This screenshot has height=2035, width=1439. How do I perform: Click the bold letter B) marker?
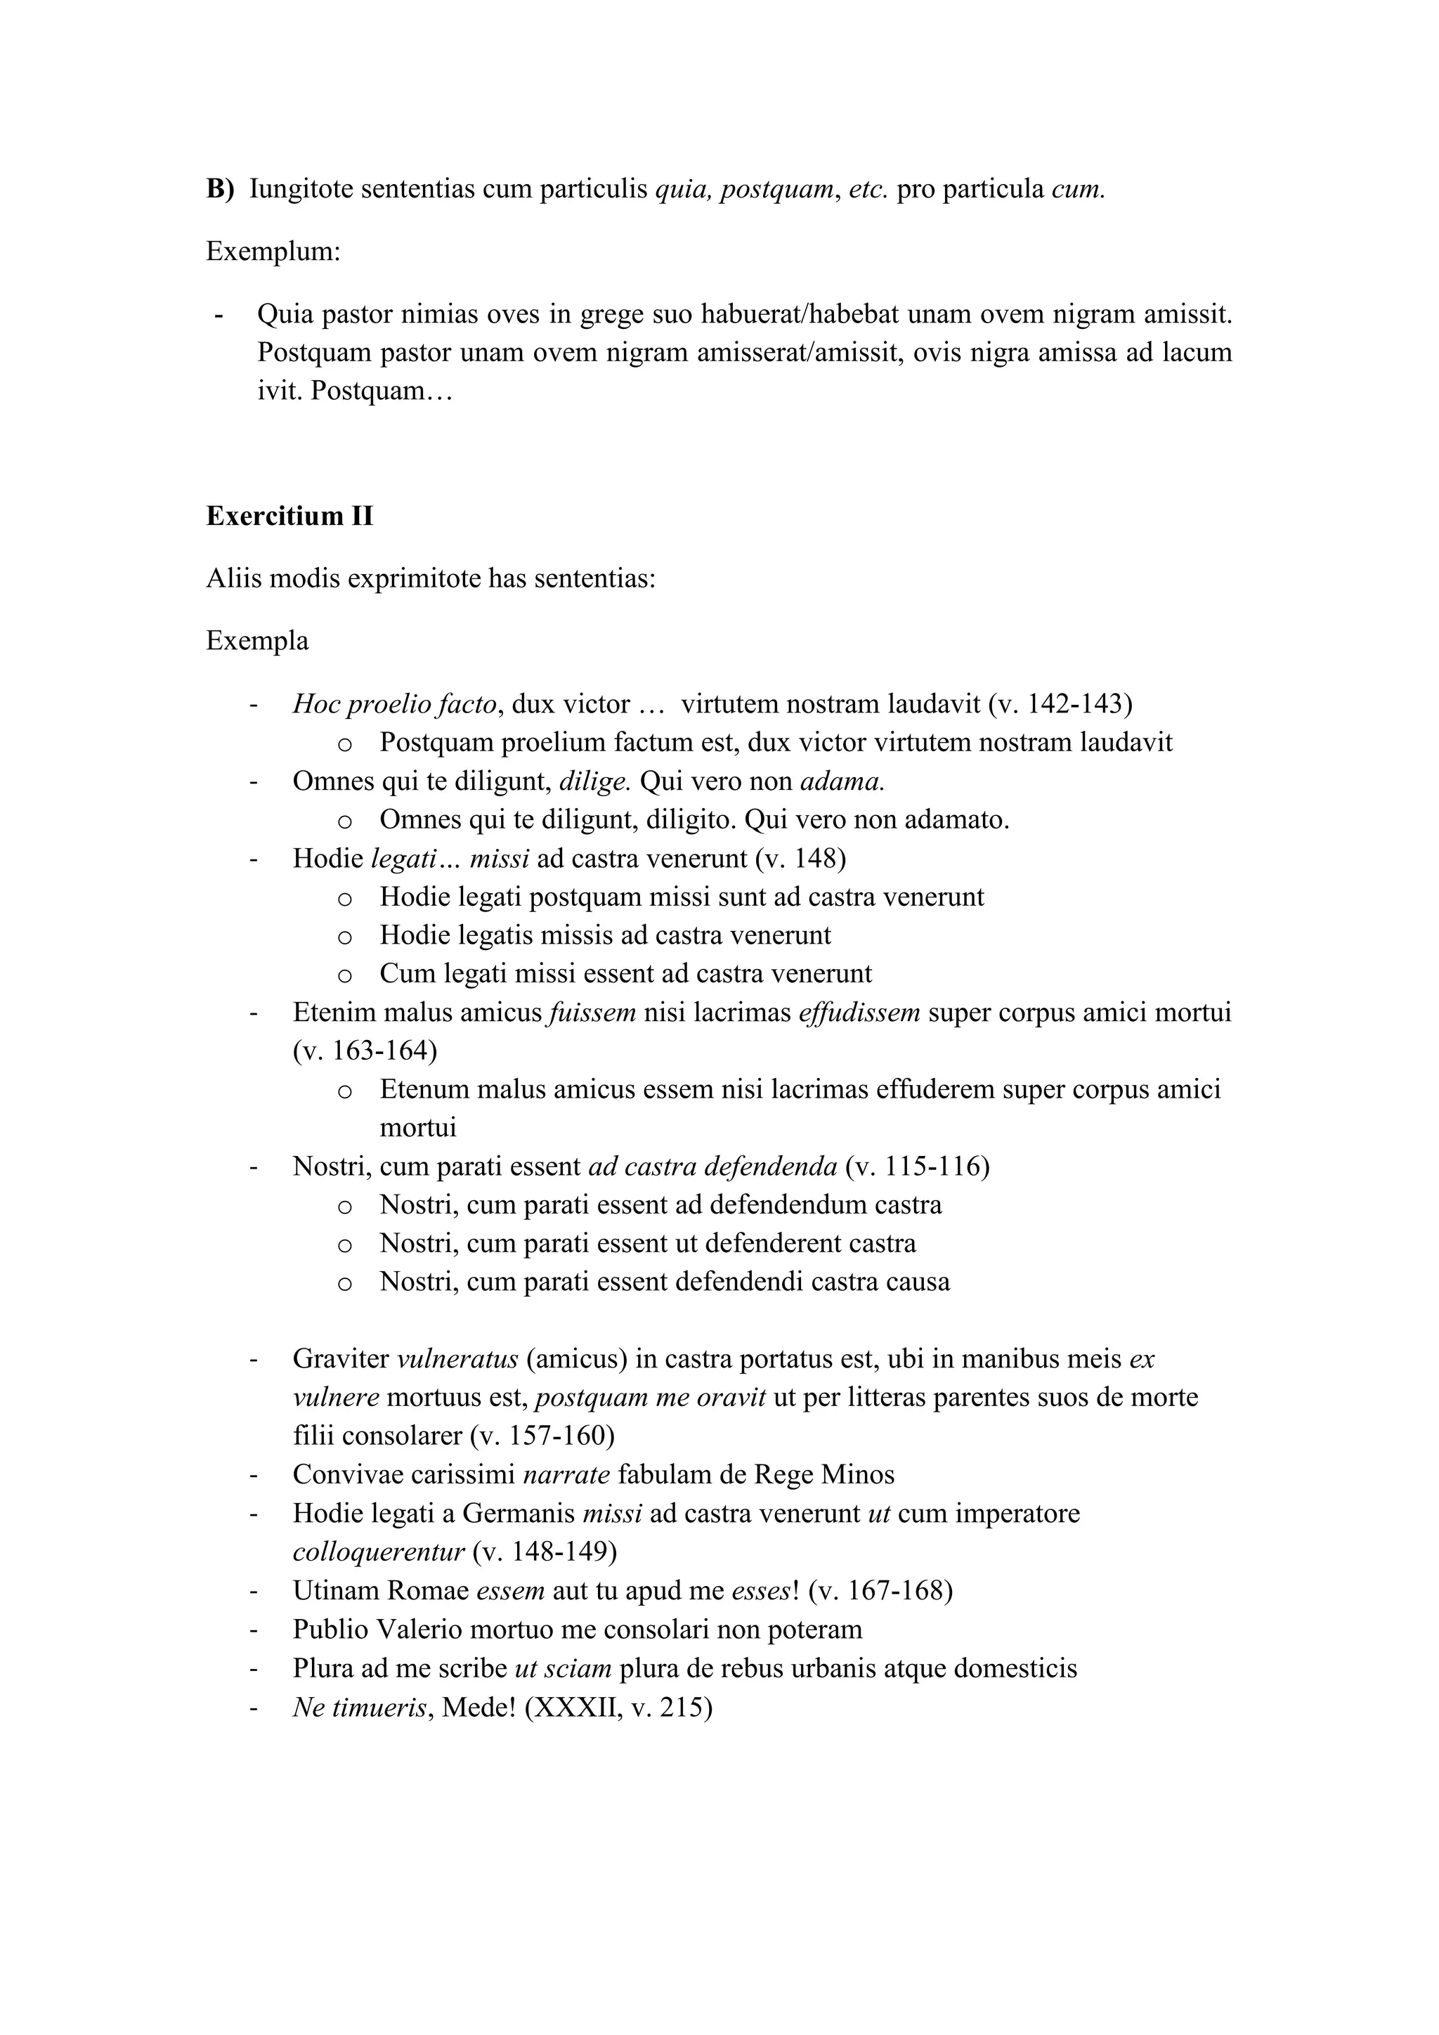click(220, 190)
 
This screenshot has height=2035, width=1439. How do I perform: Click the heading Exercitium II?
click(289, 516)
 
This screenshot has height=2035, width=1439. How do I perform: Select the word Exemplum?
click(273, 252)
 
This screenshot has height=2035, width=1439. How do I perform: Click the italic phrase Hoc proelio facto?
click(394, 705)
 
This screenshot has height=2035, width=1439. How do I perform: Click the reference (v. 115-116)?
click(917, 1166)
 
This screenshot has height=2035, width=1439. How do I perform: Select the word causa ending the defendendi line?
click(922, 1282)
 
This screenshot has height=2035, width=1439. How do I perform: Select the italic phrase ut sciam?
click(562, 1668)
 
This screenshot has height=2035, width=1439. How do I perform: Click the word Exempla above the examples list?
click(257, 641)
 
